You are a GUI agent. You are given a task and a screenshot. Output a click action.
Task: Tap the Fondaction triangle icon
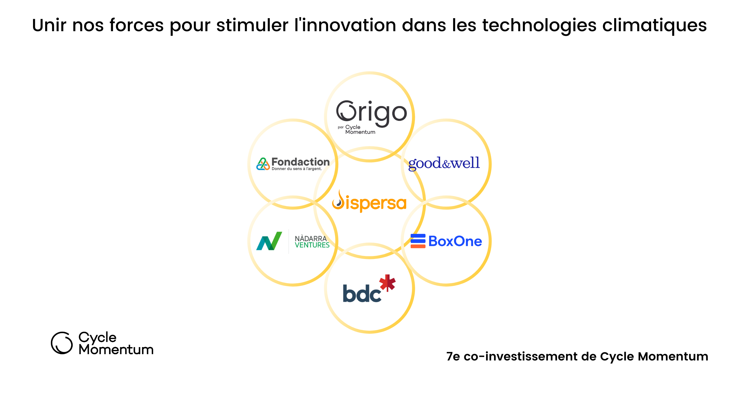[263, 164]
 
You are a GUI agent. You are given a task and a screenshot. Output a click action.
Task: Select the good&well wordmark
[444, 164]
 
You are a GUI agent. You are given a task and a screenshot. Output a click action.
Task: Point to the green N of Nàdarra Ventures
[269, 241]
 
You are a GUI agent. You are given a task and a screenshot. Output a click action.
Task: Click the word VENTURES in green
[312, 245]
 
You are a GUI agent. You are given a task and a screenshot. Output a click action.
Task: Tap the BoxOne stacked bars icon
[418, 241]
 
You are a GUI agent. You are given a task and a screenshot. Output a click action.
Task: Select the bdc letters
[362, 293]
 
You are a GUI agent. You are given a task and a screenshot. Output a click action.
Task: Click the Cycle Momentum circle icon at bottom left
[62, 343]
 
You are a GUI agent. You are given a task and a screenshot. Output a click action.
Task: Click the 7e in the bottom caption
[453, 357]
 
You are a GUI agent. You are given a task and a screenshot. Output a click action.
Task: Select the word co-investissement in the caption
[521, 357]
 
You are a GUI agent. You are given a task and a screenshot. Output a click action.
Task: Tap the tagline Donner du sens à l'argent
[297, 169]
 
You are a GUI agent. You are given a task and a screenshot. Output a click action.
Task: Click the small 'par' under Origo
[341, 127]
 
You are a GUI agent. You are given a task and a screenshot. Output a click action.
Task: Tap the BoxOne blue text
[455, 241]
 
